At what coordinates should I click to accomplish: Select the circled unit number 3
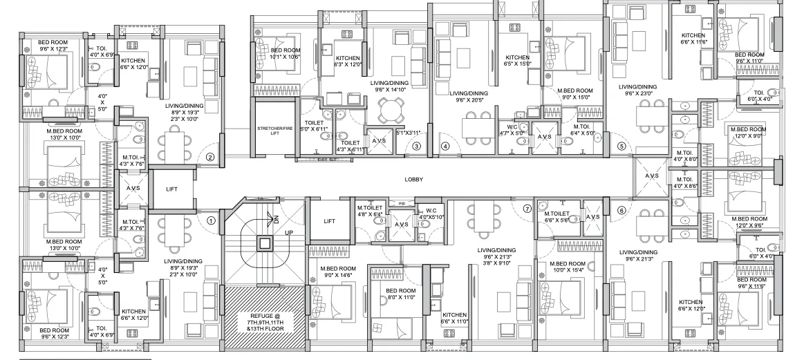[x=416, y=146]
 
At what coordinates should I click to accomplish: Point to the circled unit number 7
[x=527, y=208]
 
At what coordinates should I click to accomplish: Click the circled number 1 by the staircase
[x=212, y=220]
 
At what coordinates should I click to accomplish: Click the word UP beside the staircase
[x=289, y=233]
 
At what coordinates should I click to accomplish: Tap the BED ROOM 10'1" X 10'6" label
[x=285, y=54]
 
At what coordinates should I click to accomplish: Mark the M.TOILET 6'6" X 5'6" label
[x=556, y=218]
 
